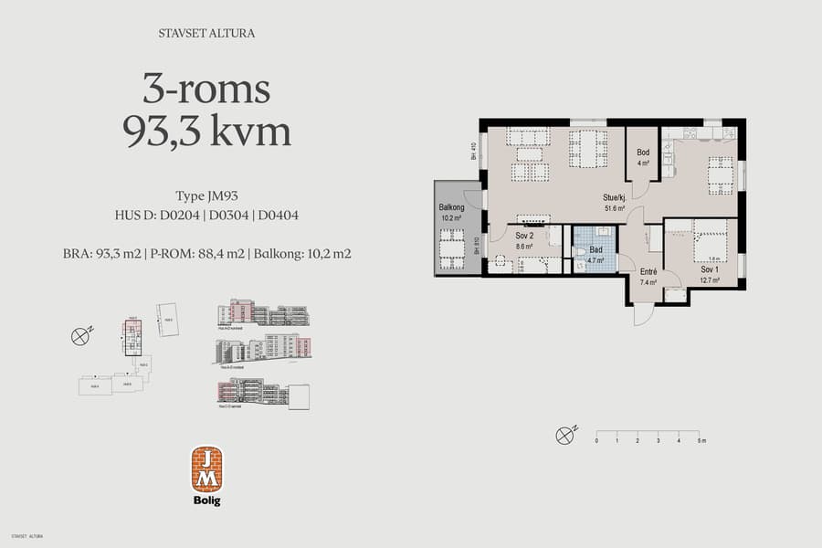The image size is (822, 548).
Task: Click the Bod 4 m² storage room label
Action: [x=644, y=157]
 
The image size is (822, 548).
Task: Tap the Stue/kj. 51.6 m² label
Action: [x=614, y=202]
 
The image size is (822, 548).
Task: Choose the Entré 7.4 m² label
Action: [x=648, y=277]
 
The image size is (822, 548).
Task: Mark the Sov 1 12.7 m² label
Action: [x=710, y=275]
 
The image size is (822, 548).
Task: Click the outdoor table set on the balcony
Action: [x=451, y=248]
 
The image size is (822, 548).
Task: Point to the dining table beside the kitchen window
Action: [x=721, y=174]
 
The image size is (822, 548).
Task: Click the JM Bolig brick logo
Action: [x=206, y=469]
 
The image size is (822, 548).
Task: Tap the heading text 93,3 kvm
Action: [x=206, y=132]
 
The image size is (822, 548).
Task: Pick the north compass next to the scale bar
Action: [x=566, y=435]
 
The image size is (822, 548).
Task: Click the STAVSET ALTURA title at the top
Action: [x=206, y=34]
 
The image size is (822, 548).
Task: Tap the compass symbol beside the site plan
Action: [x=80, y=336]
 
